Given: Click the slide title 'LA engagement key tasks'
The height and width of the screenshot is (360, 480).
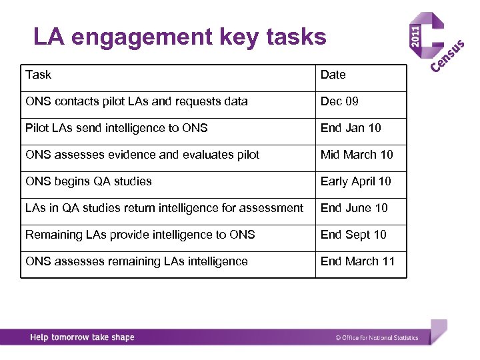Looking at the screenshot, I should [180, 37].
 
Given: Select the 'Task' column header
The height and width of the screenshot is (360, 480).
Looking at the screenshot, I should [38, 75].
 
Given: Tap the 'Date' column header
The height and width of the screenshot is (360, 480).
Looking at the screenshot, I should [333, 75].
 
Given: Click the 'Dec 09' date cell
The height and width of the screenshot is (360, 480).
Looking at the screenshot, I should [339, 101].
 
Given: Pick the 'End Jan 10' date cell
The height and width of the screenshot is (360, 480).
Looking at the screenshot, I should [351, 128].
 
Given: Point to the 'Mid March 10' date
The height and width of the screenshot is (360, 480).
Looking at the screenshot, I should [357, 155].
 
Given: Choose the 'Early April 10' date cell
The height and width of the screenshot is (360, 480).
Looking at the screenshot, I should [355, 181].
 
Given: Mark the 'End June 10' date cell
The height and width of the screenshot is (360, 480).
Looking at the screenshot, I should [353, 208].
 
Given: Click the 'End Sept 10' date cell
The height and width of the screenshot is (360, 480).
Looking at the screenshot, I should [353, 235].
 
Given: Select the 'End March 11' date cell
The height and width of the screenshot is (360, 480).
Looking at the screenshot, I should [357, 261].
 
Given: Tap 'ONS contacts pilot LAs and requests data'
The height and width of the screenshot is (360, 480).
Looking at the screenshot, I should [136, 101].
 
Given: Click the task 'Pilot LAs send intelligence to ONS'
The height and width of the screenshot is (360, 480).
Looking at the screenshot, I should [116, 128].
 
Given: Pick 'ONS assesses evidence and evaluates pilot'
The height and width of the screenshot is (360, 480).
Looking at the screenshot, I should [142, 155].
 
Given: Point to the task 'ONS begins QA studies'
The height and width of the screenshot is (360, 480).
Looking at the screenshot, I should [88, 181].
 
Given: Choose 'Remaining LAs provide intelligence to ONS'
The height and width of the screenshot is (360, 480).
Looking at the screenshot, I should [140, 235].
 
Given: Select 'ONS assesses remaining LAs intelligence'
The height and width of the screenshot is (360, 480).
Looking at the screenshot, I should [136, 261].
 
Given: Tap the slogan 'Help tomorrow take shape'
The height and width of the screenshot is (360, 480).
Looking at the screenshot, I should [82, 337].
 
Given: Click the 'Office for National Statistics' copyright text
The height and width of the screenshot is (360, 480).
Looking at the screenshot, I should [377, 338].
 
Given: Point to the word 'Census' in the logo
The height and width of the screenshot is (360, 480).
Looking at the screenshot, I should [447, 57].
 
